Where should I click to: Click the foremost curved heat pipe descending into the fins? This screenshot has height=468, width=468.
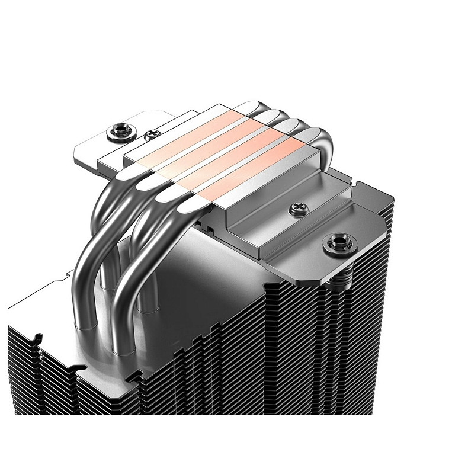click(127, 261)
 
